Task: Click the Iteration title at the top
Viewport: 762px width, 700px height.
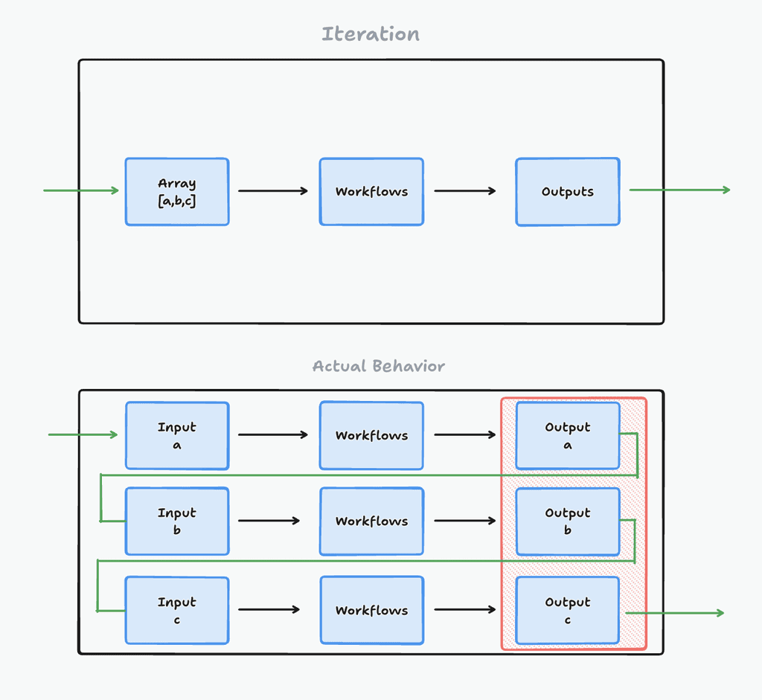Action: [x=371, y=34]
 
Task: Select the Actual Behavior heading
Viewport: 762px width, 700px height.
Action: [x=378, y=366]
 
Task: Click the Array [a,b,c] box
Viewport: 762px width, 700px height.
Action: [x=177, y=192]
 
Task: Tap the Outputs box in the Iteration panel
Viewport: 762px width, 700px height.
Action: [x=568, y=192]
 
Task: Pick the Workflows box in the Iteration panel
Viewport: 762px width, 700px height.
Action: [x=371, y=192]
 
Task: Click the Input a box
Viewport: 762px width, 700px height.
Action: [x=177, y=436]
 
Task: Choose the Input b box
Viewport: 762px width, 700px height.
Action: [x=177, y=521]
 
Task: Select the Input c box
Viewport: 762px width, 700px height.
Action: [x=177, y=610]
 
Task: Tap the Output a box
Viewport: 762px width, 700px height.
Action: [x=568, y=436]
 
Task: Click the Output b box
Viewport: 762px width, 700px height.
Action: [x=568, y=521]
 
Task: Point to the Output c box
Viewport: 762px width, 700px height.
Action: [x=568, y=610]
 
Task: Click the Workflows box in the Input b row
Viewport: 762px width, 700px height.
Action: [x=371, y=521]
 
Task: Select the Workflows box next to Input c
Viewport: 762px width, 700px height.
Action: [x=371, y=610]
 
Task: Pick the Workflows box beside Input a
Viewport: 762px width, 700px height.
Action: [x=371, y=436]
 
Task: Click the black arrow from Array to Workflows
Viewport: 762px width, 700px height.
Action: [x=273, y=191]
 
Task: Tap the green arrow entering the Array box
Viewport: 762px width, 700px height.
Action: [x=81, y=190]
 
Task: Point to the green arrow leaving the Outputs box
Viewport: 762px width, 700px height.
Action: [x=679, y=190]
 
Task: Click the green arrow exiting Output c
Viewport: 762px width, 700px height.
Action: [x=674, y=613]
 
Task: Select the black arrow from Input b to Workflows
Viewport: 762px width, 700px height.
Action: [x=269, y=521]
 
